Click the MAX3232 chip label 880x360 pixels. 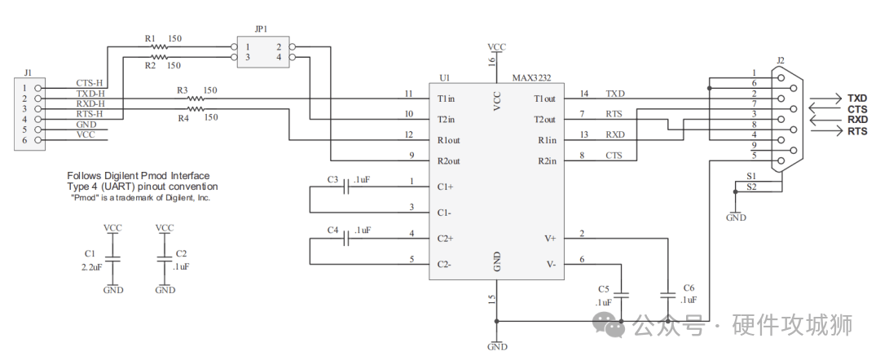tap(531, 78)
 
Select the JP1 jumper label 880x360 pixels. tap(261, 29)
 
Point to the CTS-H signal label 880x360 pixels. tap(90, 83)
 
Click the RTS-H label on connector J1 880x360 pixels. tap(90, 114)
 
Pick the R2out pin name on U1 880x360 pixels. tap(449, 161)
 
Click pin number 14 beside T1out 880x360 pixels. tap(583, 94)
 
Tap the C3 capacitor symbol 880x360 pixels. tap(348, 187)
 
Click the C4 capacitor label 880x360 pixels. tap(332, 230)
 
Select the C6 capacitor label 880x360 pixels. tap(689, 288)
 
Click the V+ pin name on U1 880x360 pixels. tap(550, 239)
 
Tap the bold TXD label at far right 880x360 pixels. tap(857, 98)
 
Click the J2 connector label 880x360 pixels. tap(781, 60)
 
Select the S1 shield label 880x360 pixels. tap(751, 175)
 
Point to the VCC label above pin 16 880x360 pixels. tap(496, 47)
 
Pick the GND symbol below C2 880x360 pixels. tap(165, 289)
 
